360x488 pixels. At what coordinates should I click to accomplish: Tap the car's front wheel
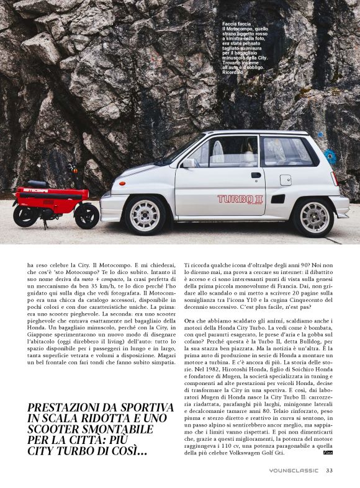(144, 215)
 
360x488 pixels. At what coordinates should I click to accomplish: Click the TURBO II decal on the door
(240, 199)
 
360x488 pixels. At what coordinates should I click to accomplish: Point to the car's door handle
(256, 175)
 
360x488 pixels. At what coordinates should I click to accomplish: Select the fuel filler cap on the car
(286, 180)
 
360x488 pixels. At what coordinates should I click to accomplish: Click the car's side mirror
(189, 163)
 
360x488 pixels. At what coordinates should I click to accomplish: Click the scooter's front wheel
(86, 216)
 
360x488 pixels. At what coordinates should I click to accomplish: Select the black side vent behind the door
(277, 199)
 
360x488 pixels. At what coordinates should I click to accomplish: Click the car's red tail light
(335, 180)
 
